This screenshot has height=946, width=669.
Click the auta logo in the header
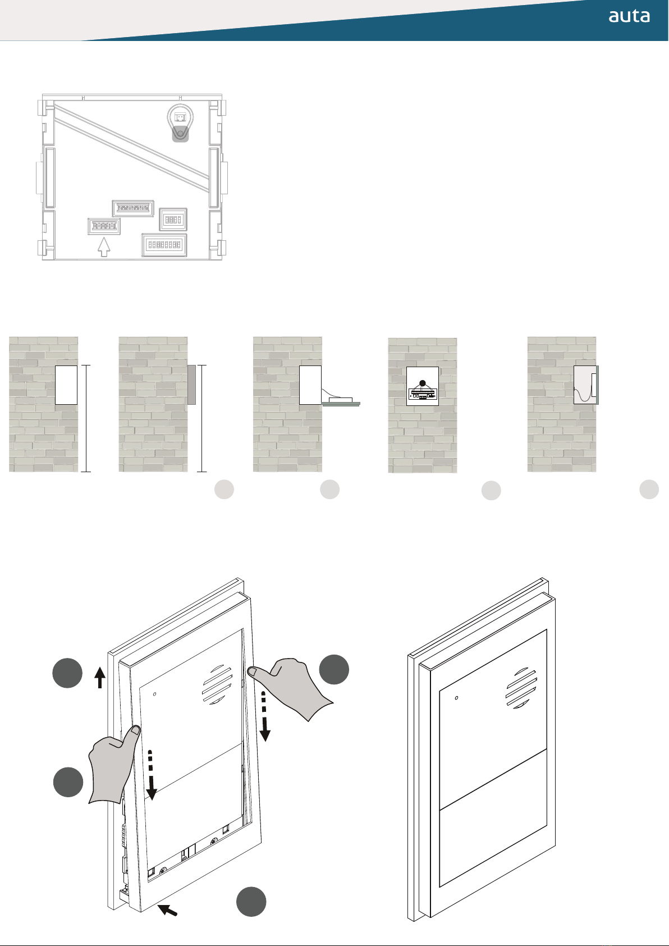(629, 16)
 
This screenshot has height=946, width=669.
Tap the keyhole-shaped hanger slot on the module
(180, 123)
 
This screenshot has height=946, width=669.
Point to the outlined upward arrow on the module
(104, 247)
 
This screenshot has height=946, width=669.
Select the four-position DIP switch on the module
(173, 219)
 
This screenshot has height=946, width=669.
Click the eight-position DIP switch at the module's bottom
(164, 245)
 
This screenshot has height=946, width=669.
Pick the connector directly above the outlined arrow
(104, 226)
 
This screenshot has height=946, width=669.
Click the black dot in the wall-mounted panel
(423, 383)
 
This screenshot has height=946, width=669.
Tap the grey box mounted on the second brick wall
(191, 385)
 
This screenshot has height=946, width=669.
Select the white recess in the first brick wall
(66, 385)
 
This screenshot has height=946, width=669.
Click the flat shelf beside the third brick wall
(341, 404)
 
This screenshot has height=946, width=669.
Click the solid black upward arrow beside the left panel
(99, 678)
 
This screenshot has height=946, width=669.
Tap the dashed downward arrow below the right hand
(264, 716)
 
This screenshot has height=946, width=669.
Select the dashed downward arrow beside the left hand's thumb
(151, 775)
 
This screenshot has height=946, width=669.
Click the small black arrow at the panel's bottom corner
(167, 910)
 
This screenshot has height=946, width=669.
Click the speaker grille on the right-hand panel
(521, 688)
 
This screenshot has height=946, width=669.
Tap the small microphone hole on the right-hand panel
(456, 698)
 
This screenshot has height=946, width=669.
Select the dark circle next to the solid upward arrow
(67, 673)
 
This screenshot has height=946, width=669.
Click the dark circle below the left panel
(251, 902)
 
